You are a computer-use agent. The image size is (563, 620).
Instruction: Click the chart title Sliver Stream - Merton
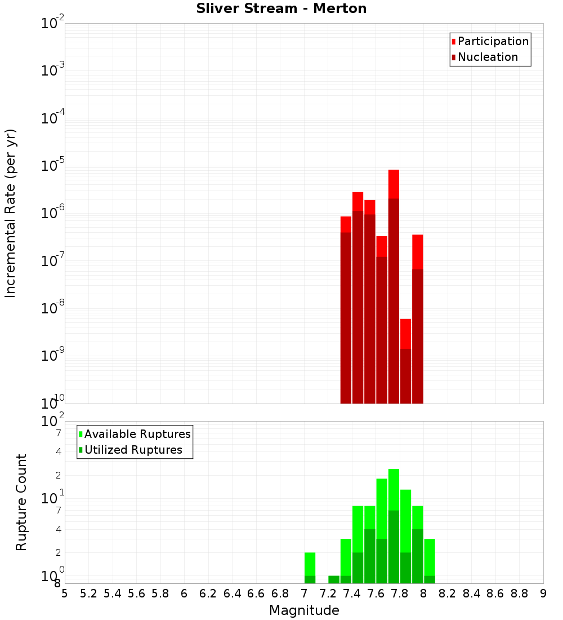(281, 8)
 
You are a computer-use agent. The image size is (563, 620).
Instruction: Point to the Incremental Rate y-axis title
(10, 213)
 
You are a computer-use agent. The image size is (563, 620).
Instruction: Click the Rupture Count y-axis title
(21, 502)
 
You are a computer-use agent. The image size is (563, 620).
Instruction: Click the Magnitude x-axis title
(304, 610)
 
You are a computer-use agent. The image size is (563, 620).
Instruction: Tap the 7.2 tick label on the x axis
(328, 594)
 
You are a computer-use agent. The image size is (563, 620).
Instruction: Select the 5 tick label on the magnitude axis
(65, 594)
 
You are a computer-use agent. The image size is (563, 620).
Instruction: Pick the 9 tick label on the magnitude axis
(543, 594)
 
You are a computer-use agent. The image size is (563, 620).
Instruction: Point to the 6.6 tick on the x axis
(256, 594)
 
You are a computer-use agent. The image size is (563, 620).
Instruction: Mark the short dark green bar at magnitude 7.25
(334, 579)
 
